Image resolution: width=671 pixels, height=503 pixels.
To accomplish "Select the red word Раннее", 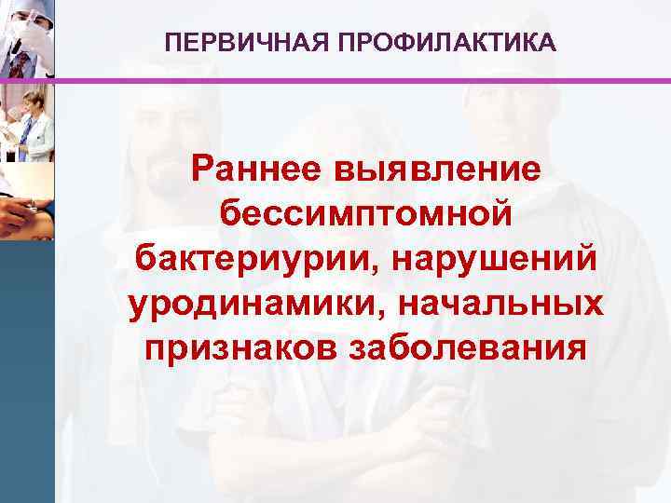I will (x=257, y=170).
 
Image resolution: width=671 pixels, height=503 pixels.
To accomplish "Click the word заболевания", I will (x=468, y=349).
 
